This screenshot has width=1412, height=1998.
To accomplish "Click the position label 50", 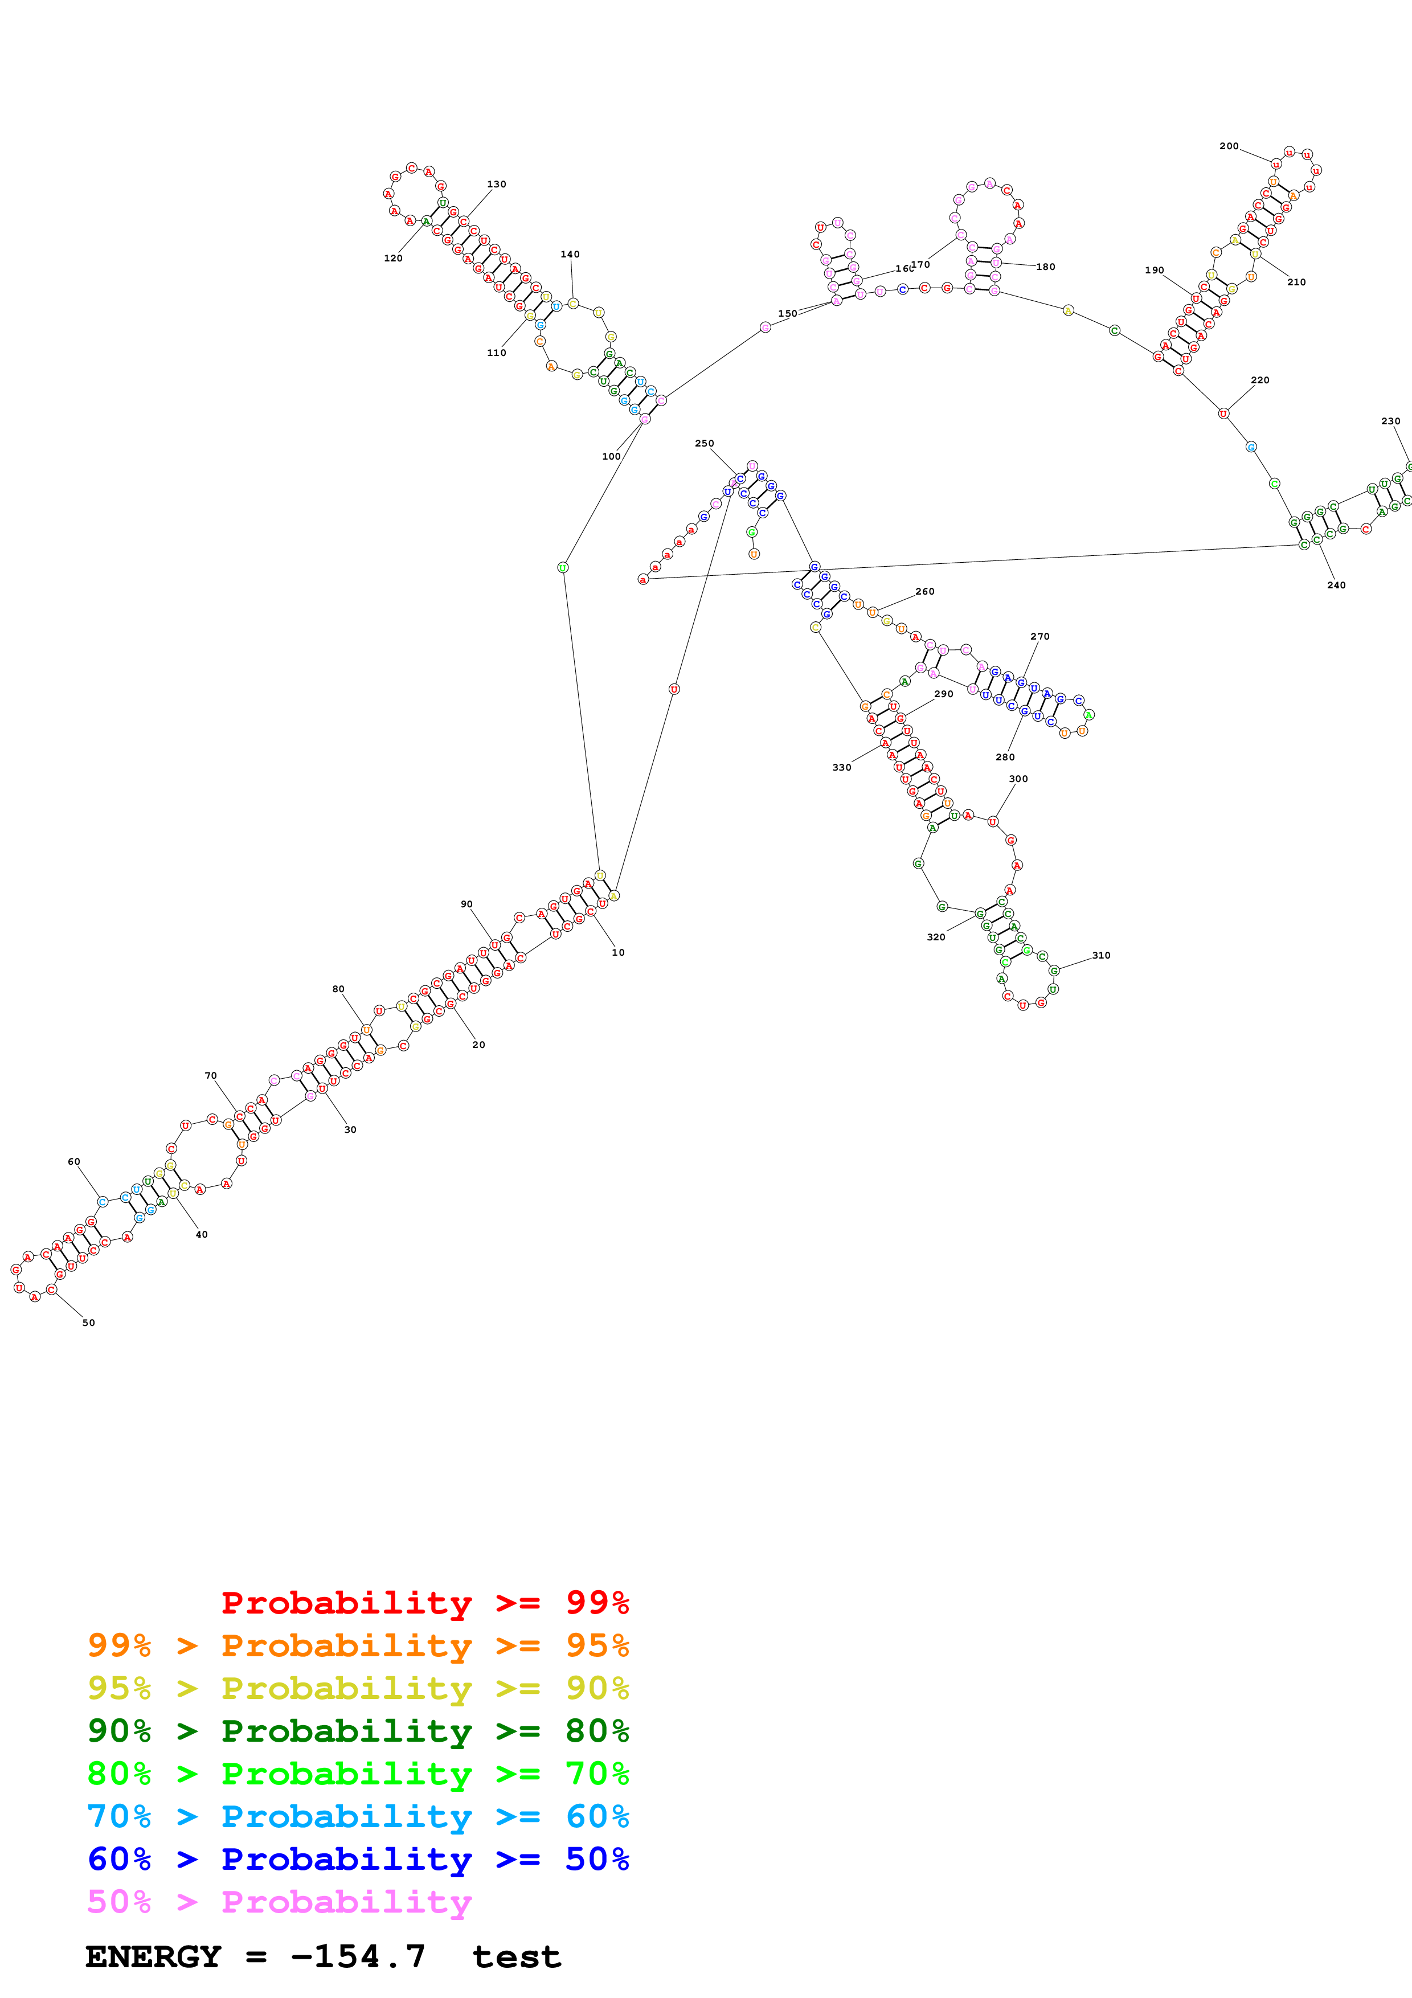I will tap(88, 1323).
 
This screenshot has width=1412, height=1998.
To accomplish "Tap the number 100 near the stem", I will tap(612, 456).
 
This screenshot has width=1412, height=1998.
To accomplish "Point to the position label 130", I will tap(496, 185).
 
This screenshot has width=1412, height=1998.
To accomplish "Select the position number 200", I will tap(1229, 146).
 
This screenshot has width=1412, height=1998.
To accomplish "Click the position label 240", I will tap(1336, 585).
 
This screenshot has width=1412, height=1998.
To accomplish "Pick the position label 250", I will tap(704, 444).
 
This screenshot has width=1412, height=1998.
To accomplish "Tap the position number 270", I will tap(1039, 636).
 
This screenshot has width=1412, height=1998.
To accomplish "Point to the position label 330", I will tap(841, 768).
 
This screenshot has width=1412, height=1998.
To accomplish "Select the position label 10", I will tap(617, 952).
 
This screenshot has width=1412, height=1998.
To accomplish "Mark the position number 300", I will tap(1018, 779).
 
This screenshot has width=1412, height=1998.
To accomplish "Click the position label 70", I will tap(211, 1075).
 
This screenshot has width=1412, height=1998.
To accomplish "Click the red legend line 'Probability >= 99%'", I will tap(424, 1602).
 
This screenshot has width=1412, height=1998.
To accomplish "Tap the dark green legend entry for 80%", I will tap(358, 1731).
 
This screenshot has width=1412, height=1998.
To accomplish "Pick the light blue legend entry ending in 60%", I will tap(358, 1816).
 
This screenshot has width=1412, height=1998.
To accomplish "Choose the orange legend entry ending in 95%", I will tap(358, 1645).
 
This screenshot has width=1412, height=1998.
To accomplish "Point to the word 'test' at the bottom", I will tap(517, 1957).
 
